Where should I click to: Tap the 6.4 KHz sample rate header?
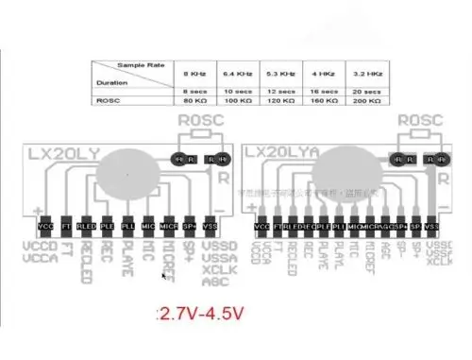click(x=235, y=72)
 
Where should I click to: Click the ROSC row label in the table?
click(x=107, y=99)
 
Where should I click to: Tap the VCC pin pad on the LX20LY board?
click(x=45, y=228)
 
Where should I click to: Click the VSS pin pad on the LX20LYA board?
click(x=431, y=228)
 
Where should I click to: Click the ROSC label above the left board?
click(x=201, y=121)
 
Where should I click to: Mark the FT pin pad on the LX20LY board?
click(x=65, y=228)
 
